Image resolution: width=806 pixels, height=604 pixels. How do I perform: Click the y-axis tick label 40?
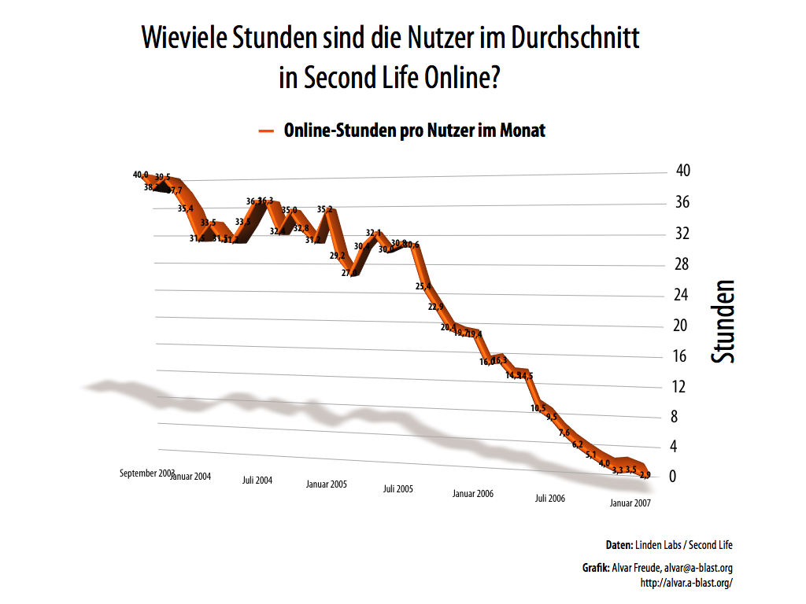(682, 171)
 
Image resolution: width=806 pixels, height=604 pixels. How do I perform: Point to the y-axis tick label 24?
(681, 295)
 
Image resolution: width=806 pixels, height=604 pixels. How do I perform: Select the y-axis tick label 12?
(680, 386)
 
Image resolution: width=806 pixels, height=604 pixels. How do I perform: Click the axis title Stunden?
(723, 321)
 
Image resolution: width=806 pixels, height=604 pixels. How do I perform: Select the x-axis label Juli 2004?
(257, 480)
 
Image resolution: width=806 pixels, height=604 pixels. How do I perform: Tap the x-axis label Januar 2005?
(327, 484)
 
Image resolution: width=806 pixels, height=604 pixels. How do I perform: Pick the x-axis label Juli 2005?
(398, 488)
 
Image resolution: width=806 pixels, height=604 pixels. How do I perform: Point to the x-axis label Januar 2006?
(473, 493)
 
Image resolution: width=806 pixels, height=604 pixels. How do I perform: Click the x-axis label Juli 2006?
(550, 498)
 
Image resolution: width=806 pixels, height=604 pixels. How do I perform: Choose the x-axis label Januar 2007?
(630, 503)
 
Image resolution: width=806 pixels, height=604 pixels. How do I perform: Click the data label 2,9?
(645, 475)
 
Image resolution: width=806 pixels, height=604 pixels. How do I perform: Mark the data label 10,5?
(538, 408)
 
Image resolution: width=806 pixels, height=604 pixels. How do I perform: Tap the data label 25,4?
(423, 286)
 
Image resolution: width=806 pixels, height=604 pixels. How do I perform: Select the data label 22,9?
(436, 307)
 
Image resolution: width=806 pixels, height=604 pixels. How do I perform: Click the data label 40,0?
(141, 175)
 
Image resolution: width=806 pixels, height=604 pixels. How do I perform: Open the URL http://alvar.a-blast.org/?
(687, 583)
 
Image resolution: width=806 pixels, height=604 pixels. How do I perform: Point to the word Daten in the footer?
(619, 545)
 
